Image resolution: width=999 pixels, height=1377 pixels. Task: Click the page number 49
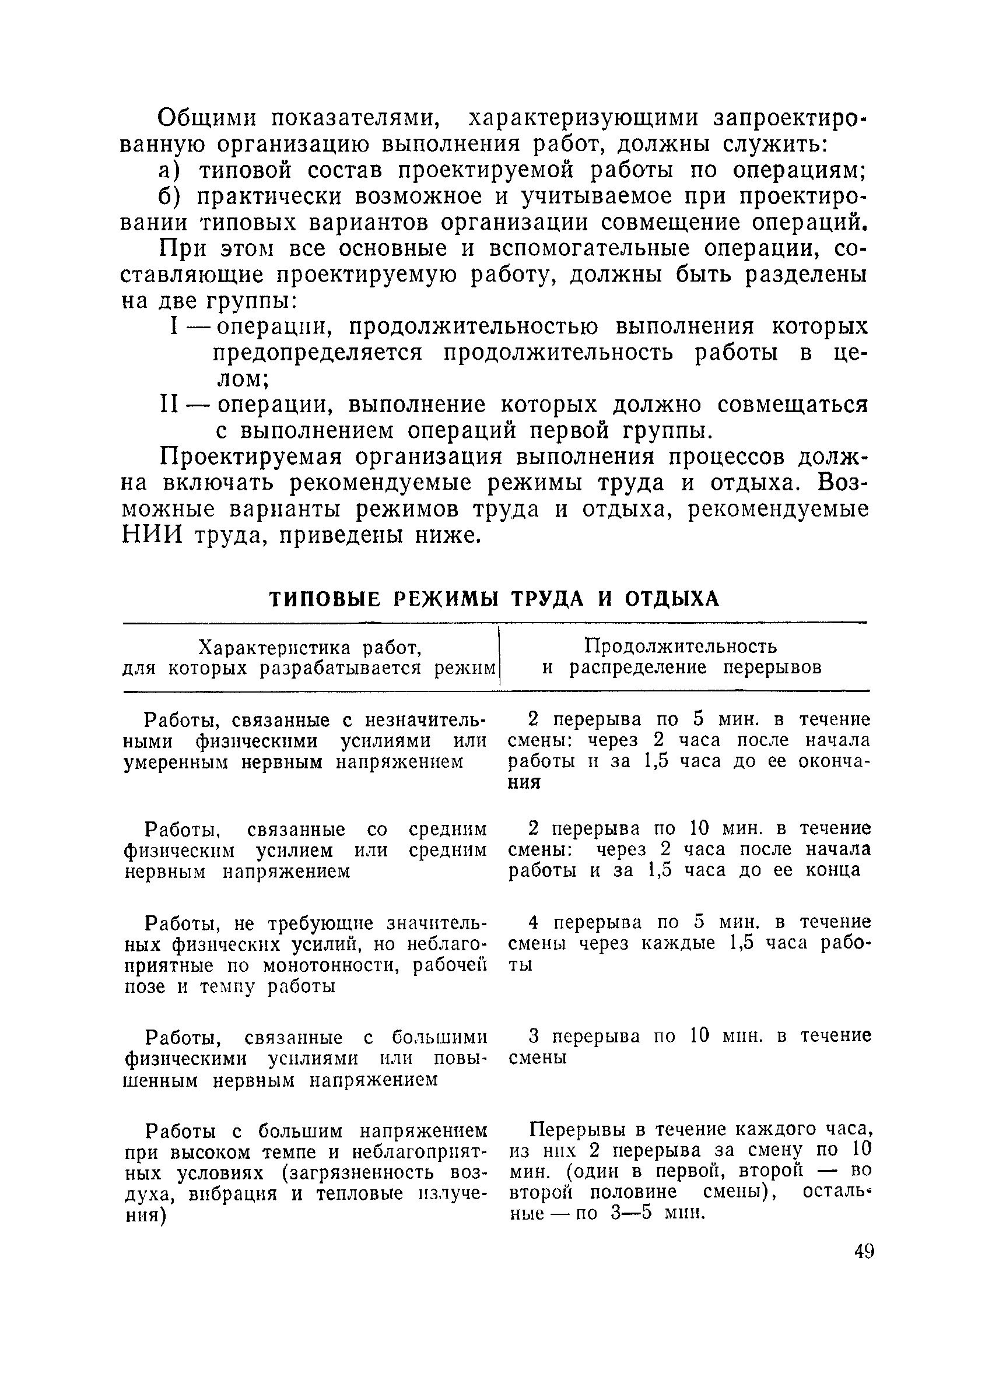(863, 1252)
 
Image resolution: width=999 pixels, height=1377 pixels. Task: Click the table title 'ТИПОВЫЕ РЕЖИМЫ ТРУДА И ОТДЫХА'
(494, 599)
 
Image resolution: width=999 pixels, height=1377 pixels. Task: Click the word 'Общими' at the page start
(206, 118)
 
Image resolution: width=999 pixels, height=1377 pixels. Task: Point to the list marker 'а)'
(170, 171)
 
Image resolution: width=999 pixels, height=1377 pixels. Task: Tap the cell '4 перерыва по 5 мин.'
(689, 944)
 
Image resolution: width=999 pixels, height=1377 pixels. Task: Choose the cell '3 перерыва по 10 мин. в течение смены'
(689, 1046)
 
